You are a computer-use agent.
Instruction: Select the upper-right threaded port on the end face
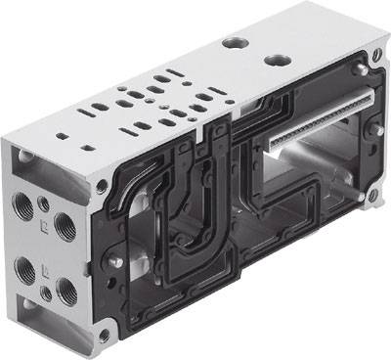tap(64, 226)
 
